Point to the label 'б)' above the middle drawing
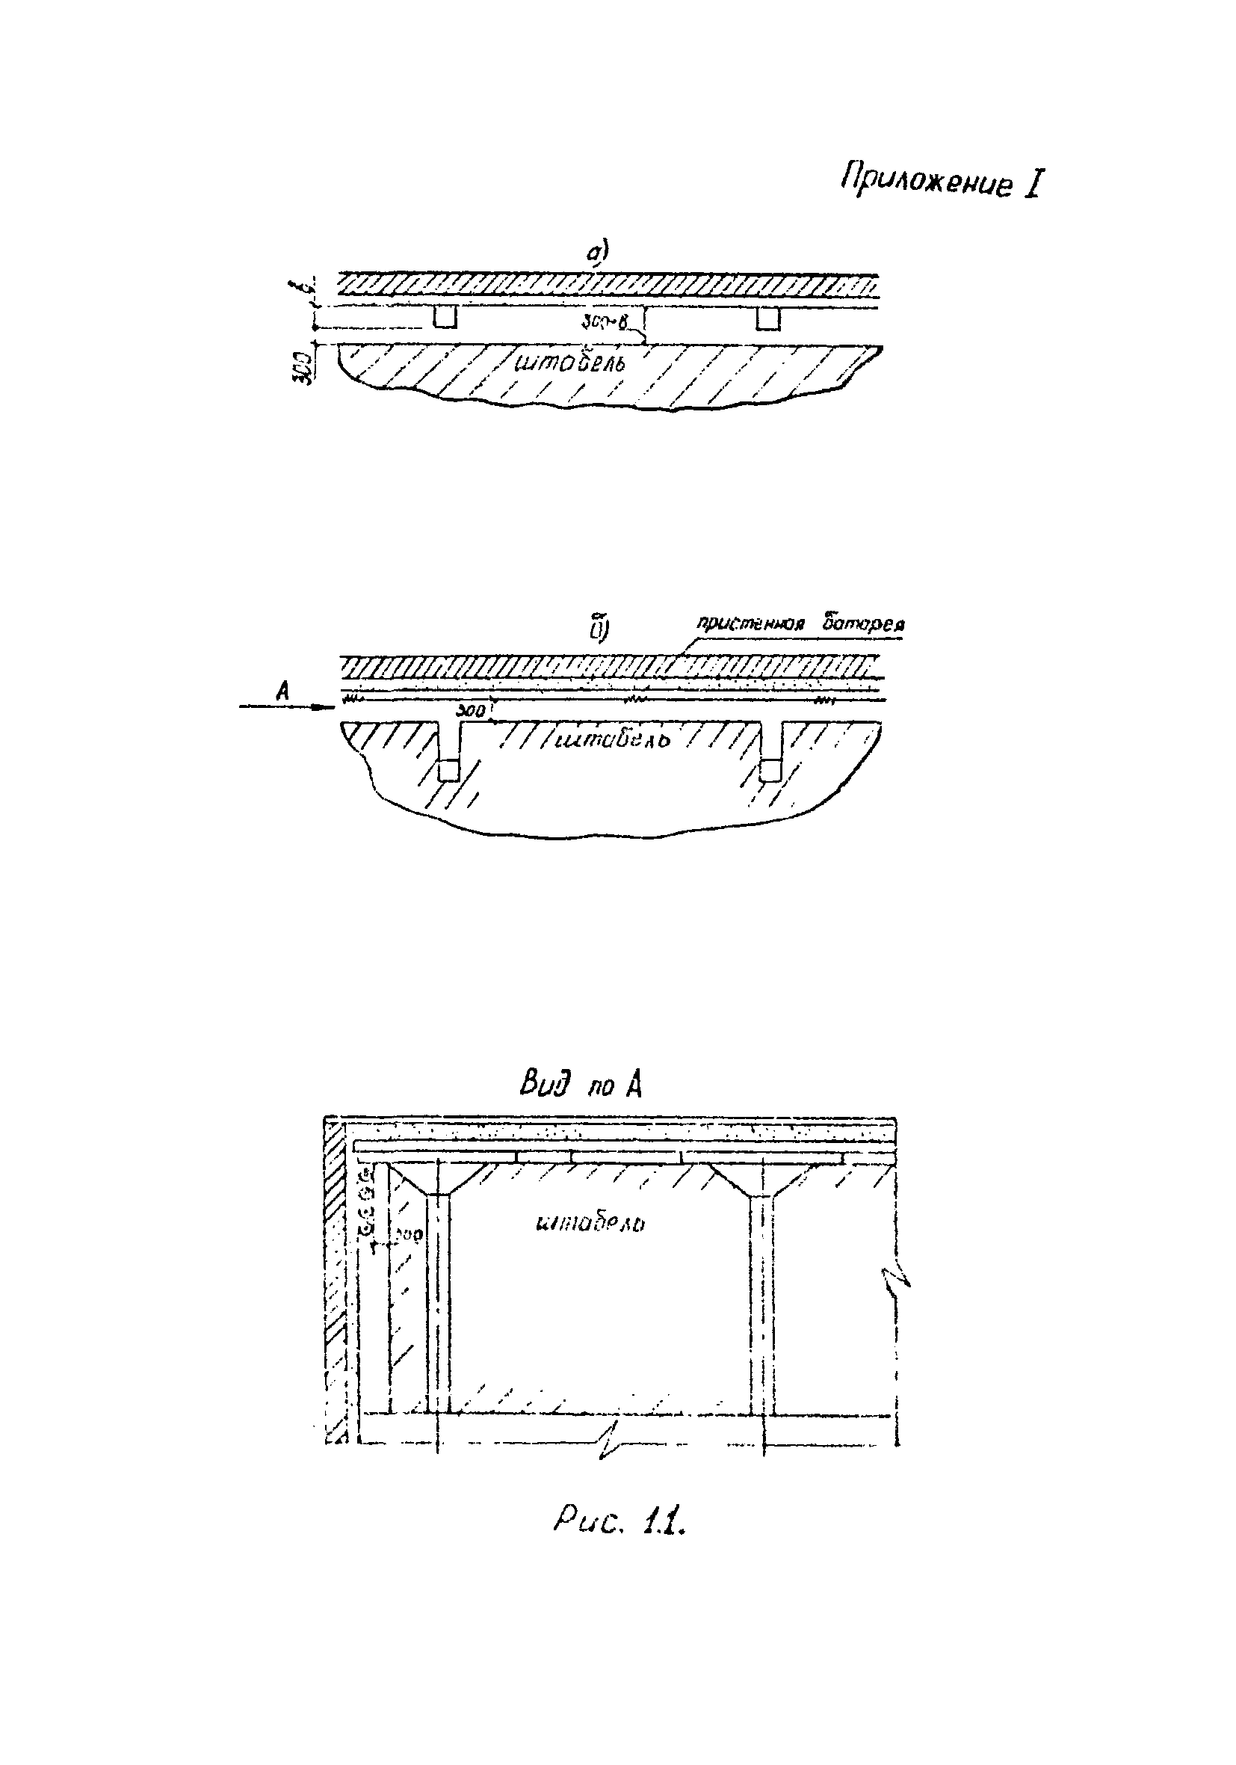pyautogui.click(x=599, y=628)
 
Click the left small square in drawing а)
pyautogui.click(x=445, y=318)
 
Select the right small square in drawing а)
pyautogui.click(x=767, y=318)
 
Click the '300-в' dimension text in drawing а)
pyautogui.click(x=605, y=327)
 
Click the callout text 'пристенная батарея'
pyautogui.click(x=800, y=623)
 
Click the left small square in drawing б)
pyautogui.click(x=448, y=769)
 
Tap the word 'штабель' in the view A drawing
pyautogui.click(x=590, y=1222)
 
